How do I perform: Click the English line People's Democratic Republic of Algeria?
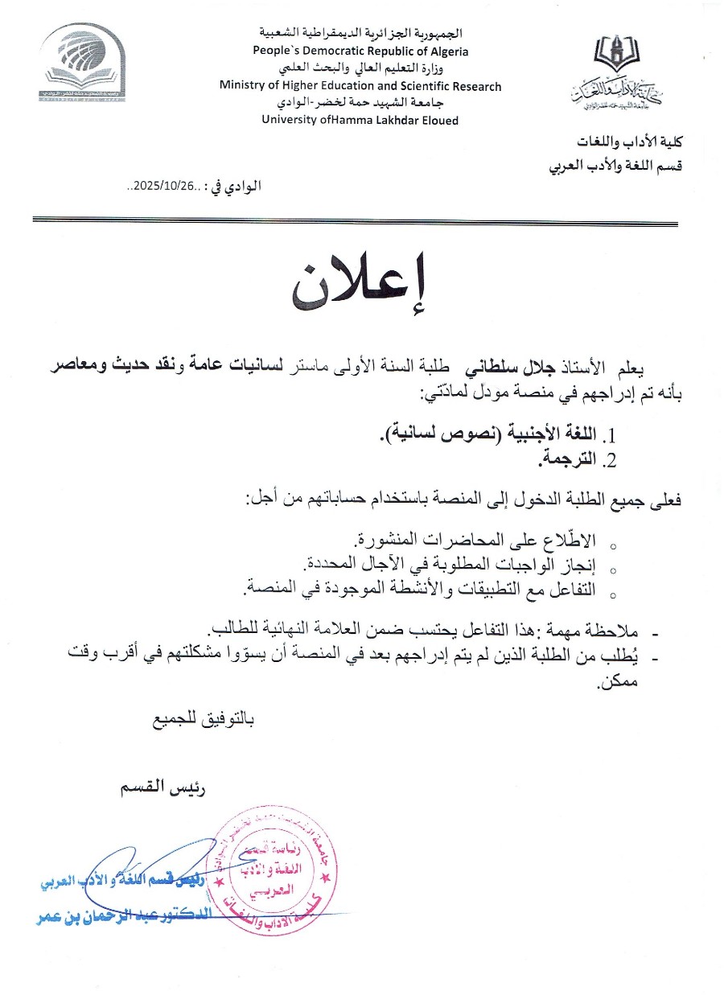click(361, 51)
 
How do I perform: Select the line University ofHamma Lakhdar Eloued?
click(361, 120)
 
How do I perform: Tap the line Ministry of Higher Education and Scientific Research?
click(361, 86)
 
